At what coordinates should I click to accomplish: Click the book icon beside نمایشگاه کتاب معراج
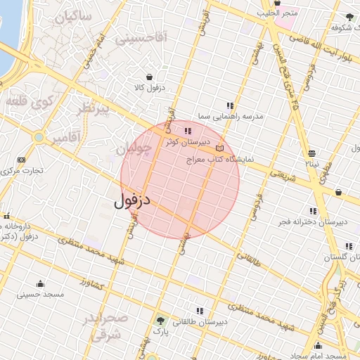(220, 148)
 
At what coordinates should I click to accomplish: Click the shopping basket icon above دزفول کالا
(149, 77)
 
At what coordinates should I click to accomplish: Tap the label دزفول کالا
(149, 88)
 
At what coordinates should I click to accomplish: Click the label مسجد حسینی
(40, 295)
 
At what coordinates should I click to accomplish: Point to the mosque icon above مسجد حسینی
(40, 284)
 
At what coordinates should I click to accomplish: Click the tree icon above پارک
(162, 321)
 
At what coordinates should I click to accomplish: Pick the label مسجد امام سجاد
(319, 356)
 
